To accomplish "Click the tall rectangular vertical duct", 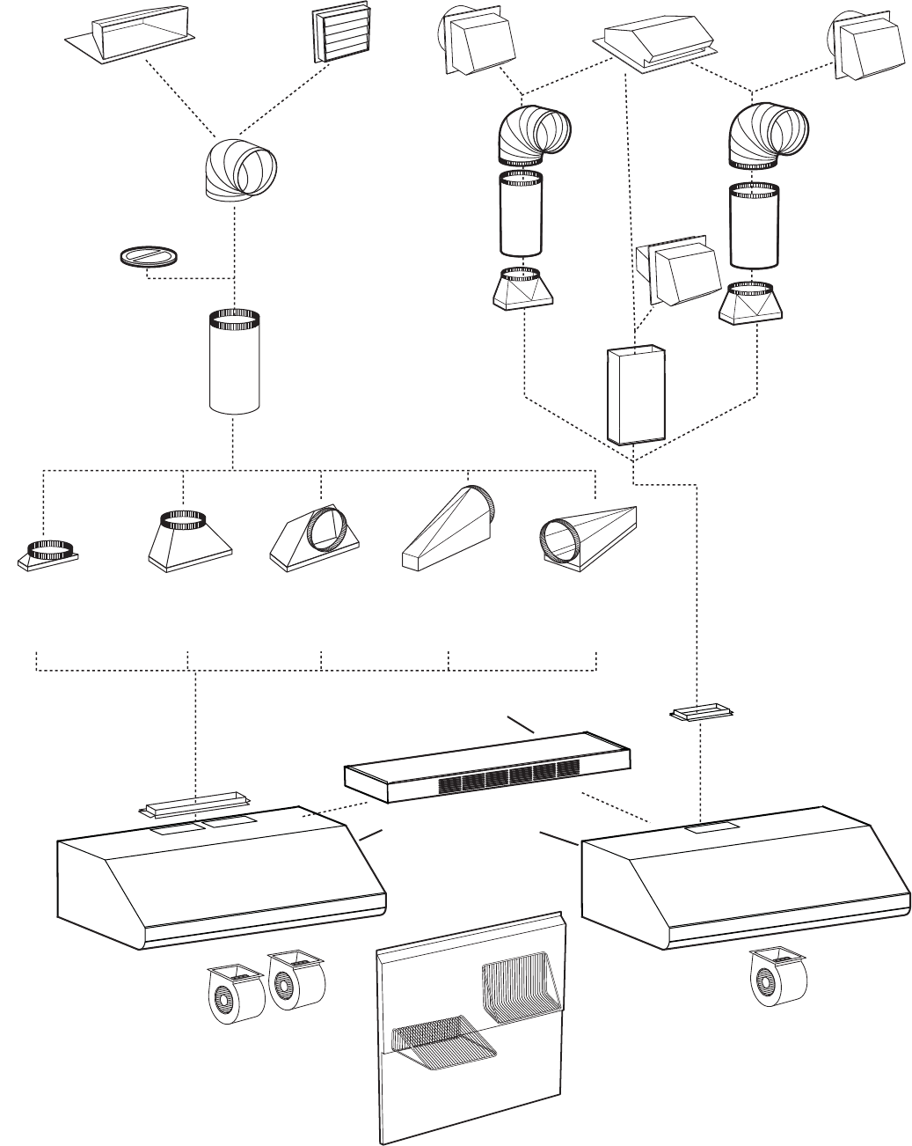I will click(636, 393).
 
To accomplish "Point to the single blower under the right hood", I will click(775, 978).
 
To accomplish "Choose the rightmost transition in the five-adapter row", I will click(586, 534).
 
